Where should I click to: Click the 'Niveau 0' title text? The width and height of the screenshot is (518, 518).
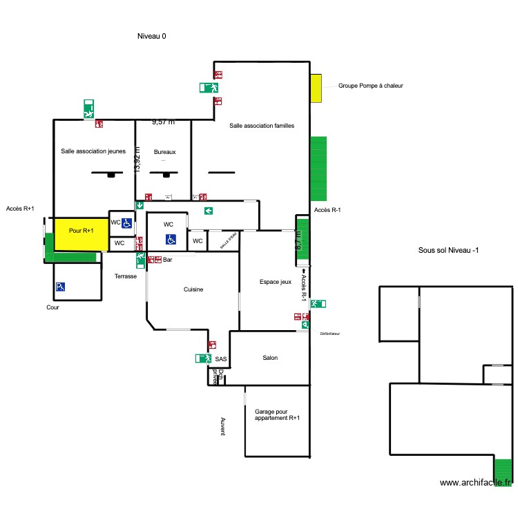pyautogui.click(x=151, y=36)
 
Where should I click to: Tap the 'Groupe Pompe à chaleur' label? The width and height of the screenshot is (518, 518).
pyautogui.click(x=370, y=86)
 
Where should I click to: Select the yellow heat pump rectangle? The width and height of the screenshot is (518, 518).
pyautogui.click(x=316, y=88)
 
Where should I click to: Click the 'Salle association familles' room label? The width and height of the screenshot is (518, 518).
pyautogui.click(x=262, y=126)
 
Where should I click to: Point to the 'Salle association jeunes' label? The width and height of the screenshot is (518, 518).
pyautogui.click(x=93, y=151)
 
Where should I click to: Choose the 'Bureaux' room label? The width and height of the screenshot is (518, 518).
pyautogui.click(x=165, y=151)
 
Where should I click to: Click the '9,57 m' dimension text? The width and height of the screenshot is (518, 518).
pyautogui.click(x=163, y=122)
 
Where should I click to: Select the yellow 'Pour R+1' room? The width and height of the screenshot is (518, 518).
pyautogui.click(x=81, y=231)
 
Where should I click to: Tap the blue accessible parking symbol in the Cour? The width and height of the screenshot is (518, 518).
pyautogui.click(x=60, y=287)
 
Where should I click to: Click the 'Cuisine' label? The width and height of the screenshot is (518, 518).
pyautogui.click(x=193, y=289)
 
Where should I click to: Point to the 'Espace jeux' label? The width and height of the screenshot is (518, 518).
pyautogui.click(x=276, y=281)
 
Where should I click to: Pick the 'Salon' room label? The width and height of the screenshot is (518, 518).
pyautogui.click(x=270, y=358)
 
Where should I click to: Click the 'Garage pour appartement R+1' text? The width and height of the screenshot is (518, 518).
pyautogui.click(x=277, y=414)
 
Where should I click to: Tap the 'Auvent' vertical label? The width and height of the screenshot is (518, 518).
pyautogui.click(x=222, y=426)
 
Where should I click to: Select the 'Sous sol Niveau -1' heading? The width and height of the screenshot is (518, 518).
pyautogui.click(x=448, y=251)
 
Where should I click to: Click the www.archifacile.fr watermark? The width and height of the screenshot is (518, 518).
pyautogui.click(x=476, y=483)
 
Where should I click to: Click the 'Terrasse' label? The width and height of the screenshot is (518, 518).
pyautogui.click(x=126, y=276)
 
